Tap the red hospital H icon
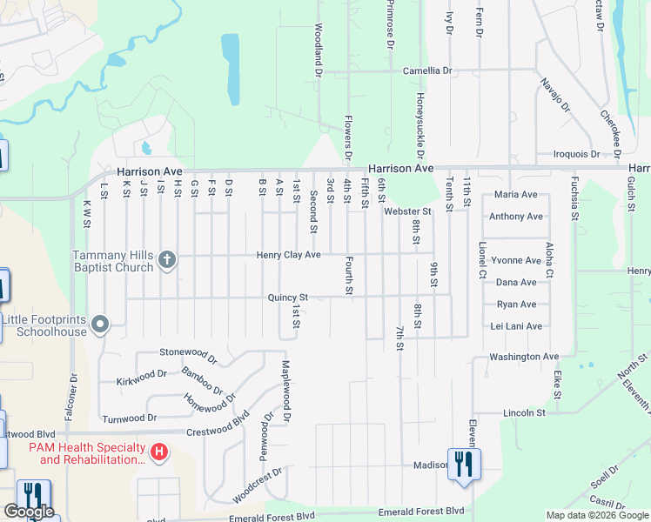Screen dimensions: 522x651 click(159, 452)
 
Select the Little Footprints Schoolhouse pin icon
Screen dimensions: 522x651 click(100, 325)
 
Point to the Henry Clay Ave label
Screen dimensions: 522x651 click(289, 255)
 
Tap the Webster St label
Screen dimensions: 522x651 click(407, 211)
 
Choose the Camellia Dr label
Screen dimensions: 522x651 click(427, 70)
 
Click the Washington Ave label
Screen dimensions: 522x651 click(524, 357)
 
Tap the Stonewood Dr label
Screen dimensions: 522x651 click(187, 352)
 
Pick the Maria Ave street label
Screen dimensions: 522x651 click(516, 195)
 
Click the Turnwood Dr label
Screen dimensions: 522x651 click(129, 418)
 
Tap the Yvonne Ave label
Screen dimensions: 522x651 click(516, 260)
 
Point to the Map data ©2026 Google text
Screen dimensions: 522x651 click(597, 515)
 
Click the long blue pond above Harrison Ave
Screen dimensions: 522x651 click(232, 70)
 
